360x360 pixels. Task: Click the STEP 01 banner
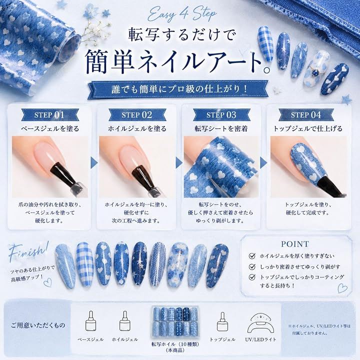50,115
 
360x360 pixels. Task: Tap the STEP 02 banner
137,115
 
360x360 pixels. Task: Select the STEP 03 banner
221,115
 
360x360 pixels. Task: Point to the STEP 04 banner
306,115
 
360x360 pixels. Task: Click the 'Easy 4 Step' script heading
181,14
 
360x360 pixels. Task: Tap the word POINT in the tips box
295,244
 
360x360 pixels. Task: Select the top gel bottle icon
222,321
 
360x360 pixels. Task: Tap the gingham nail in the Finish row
84,264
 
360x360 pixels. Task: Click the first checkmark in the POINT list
252,256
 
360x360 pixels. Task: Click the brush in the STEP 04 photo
329,186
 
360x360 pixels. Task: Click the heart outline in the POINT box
342,288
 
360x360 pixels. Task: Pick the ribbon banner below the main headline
178,89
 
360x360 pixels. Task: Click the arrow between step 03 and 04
263,162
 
